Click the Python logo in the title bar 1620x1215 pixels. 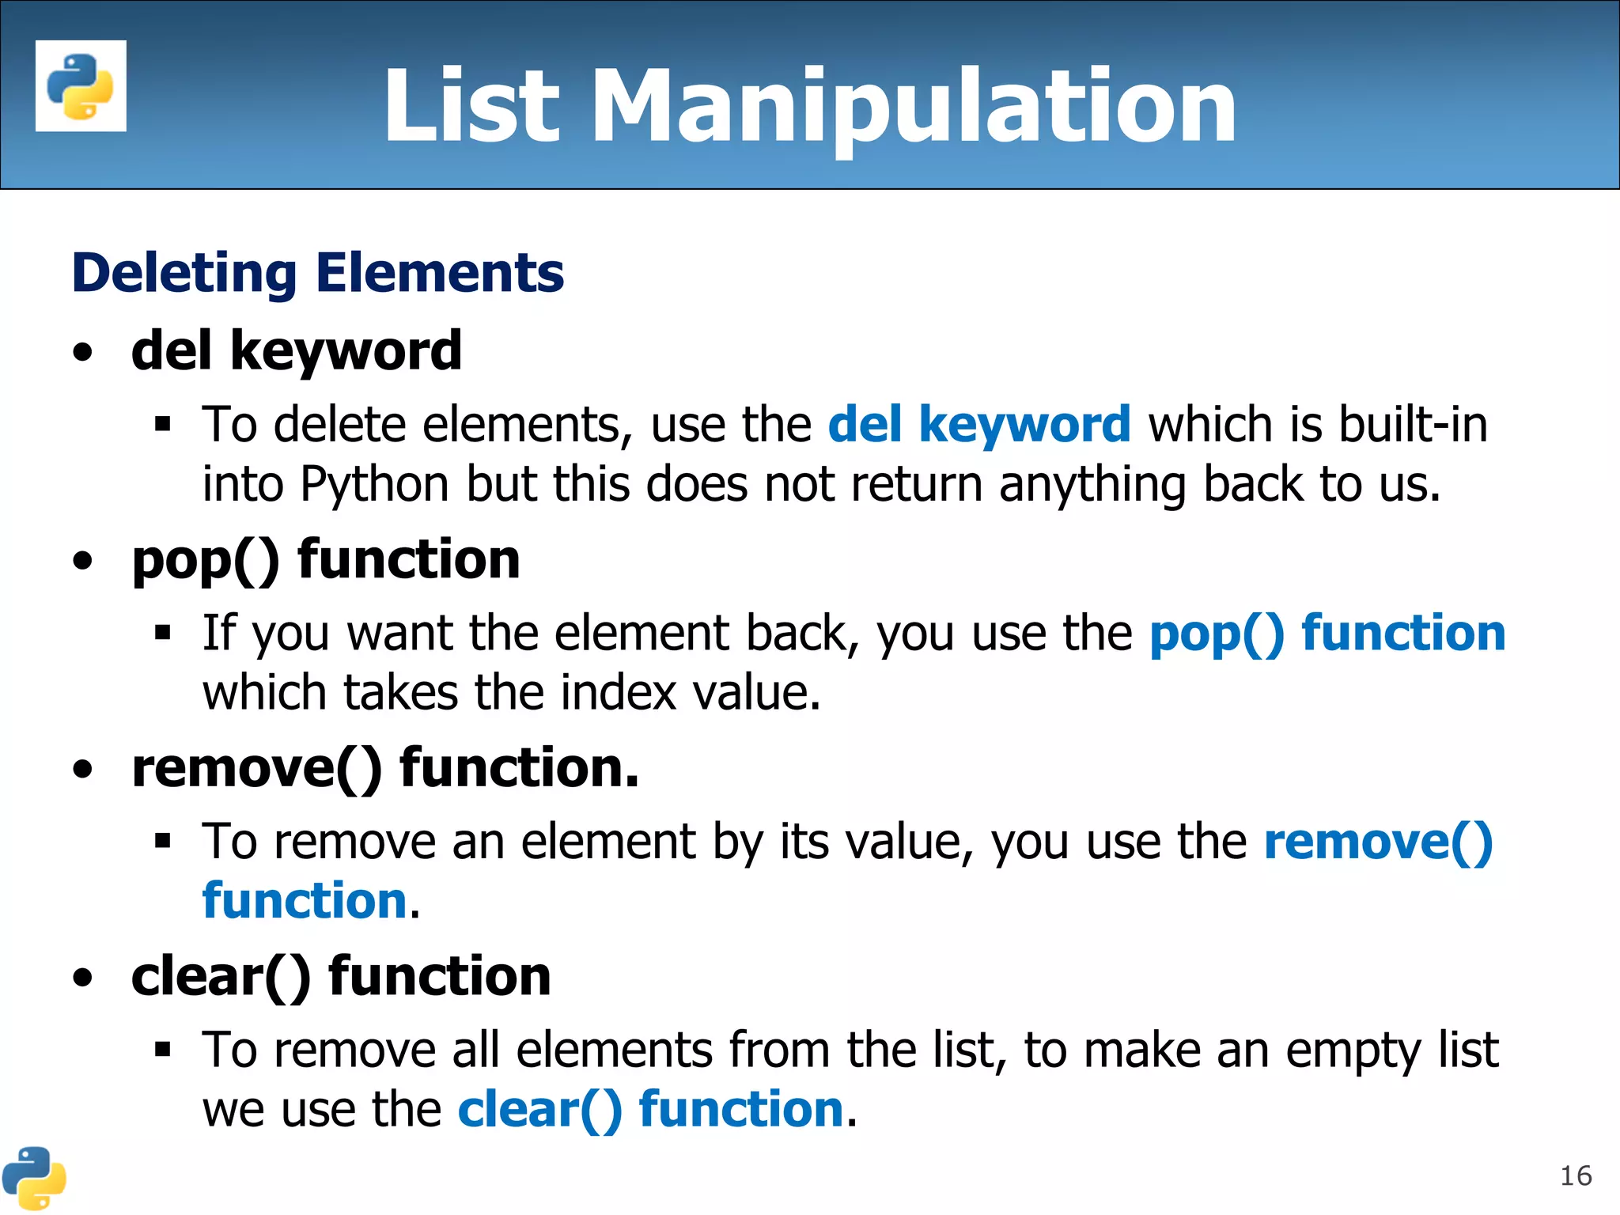81,85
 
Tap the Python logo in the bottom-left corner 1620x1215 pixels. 33,1178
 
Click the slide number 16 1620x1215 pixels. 1575,1176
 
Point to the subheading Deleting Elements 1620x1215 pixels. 317,273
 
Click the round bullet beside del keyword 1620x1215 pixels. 82,353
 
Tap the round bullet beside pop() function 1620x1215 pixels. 82,562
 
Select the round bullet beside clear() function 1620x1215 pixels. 82,978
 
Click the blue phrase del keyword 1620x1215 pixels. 978,425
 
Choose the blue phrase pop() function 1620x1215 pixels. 1327,634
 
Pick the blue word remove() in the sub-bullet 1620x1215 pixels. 1378,841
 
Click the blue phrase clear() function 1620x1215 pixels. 651,1109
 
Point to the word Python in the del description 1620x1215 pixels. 374,485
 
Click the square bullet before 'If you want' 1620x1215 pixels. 163,632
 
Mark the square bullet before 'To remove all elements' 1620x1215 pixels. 163,1050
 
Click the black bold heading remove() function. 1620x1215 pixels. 384,769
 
